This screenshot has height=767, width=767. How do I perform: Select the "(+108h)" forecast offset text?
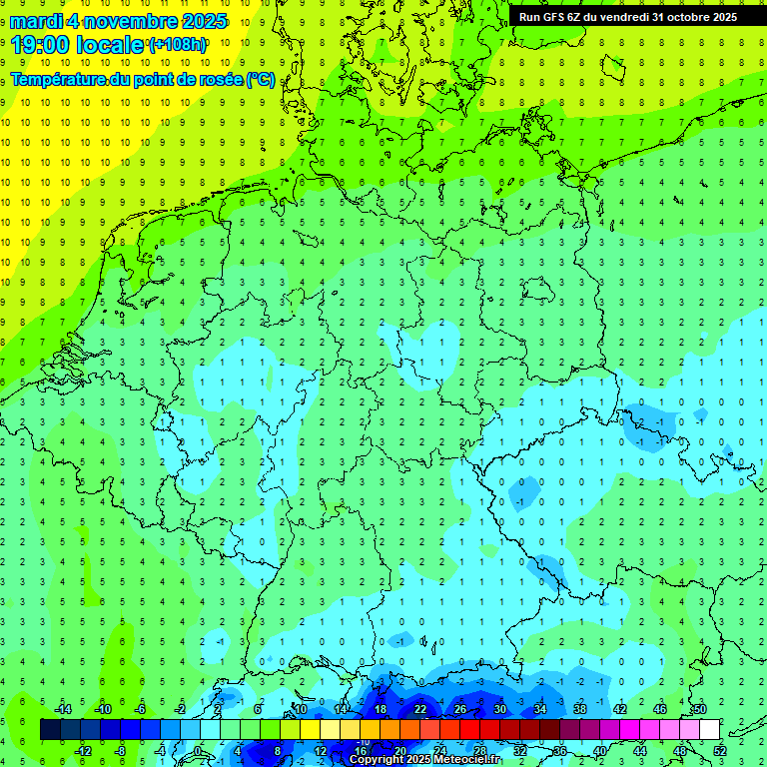178,44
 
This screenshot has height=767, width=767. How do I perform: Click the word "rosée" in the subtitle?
218,79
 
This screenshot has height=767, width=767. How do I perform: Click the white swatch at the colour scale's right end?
709,729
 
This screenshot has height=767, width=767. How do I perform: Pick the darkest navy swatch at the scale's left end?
50,729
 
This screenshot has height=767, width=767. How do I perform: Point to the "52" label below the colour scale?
719,751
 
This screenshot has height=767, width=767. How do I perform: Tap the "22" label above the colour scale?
420,708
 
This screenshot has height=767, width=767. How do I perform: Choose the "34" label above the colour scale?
540,708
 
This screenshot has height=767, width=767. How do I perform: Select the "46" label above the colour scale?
660,708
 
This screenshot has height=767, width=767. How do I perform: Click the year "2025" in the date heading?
199,21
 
